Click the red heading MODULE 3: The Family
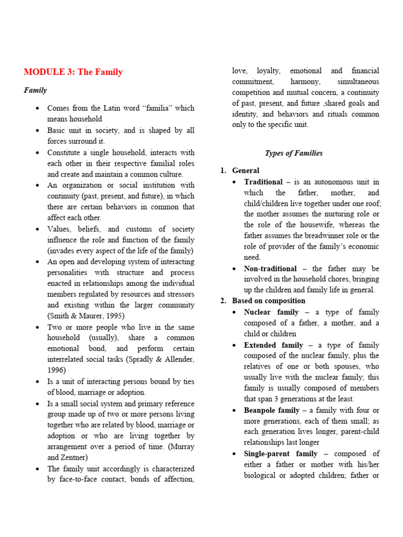pyautogui.click(x=73, y=72)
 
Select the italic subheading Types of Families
pyautogui.click(x=293, y=153)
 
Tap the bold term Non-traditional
pyautogui.click(x=270, y=268)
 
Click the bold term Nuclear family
pyautogui.click(x=271, y=312)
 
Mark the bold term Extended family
pyautogui.click(x=273, y=345)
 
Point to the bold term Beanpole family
pyautogui.click(x=272, y=410)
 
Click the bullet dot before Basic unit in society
pyautogui.click(x=37, y=130)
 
